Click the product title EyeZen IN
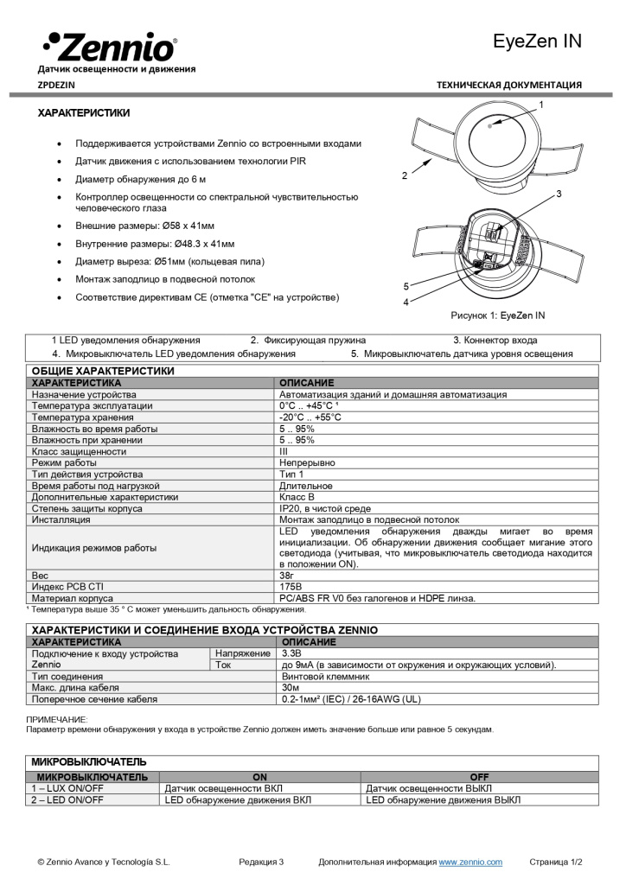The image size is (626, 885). tap(536, 41)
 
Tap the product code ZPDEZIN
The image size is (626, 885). tap(56, 85)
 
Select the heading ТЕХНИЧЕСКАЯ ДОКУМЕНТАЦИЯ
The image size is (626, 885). tap(508, 85)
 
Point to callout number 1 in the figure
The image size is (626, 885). tap(540, 105)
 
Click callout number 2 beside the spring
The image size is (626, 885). tap(405, 175)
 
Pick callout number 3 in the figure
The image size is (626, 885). tap(559, 194)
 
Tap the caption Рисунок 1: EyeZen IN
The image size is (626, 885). tap(497, 315)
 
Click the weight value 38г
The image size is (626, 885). tap(286, 575)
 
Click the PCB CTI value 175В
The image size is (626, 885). tap(291, 586)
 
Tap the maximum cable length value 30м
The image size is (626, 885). tap(290, 687)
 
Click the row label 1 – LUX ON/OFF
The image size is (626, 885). tap(67, 788)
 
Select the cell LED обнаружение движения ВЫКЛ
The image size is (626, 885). tap(443, 799)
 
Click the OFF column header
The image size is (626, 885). tap(479, 777)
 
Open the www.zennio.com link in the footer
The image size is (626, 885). tap(470, 862)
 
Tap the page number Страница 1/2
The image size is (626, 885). tap(556, 862)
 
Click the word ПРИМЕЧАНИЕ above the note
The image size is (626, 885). tap(57, 719)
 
